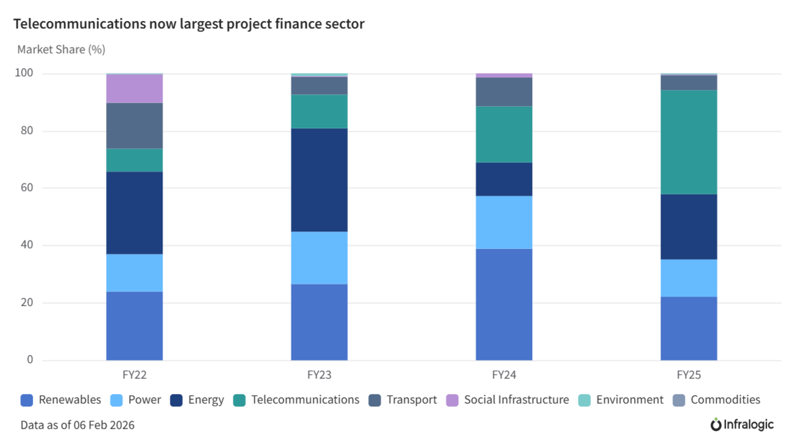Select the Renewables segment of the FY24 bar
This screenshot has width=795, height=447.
[x=503, y=304]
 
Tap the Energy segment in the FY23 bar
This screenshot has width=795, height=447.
[x=319, y=180]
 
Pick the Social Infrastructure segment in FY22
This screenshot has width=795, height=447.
[x=134, y=89]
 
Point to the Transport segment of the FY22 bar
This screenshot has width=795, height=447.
[x=134, y=126]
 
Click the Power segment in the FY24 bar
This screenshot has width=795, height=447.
[x=503, y=222]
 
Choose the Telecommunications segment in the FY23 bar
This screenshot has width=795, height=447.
[x=319, y=111]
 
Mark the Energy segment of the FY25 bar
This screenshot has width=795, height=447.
[x=688, y=227]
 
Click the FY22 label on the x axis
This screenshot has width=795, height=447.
[x=134, y=374]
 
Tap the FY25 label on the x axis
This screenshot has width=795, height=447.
[x=688, y=374]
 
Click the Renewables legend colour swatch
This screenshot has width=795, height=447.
[x=27, y=400]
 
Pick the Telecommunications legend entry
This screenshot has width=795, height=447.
[x=305, y=400]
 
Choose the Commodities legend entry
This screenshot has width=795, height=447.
[x=725, y=400]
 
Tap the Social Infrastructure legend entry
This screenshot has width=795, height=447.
[x=516, y=400]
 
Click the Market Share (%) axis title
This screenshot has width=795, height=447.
[x=61, y=50]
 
